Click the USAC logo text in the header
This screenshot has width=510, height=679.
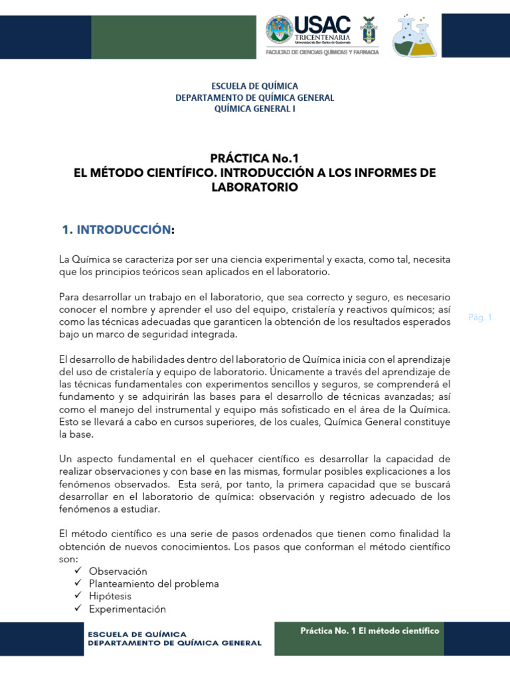tap(322, 25)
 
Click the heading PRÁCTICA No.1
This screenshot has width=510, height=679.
tap(254, 158)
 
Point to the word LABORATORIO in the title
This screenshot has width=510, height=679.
tap(254, 188)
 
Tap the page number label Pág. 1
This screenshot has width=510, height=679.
tap(479, 318)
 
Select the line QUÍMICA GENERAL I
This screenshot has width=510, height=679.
tap(254, 109)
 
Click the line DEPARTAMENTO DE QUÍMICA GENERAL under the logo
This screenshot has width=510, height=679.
tap(254, 97)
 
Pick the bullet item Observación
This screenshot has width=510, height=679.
tap(118, 572)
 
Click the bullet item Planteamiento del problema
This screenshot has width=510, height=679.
tap(154, 584)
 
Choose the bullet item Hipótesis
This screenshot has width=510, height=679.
tap(110, 597)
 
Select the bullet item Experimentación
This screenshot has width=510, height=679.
tap(127, 609)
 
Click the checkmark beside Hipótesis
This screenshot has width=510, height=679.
tap(78, 597)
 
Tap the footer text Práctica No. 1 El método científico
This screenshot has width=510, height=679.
tap(370, 631)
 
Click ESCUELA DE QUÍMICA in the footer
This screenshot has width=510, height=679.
tap(138, 634)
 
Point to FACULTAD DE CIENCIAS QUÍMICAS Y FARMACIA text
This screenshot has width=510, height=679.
tap(322, 52)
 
